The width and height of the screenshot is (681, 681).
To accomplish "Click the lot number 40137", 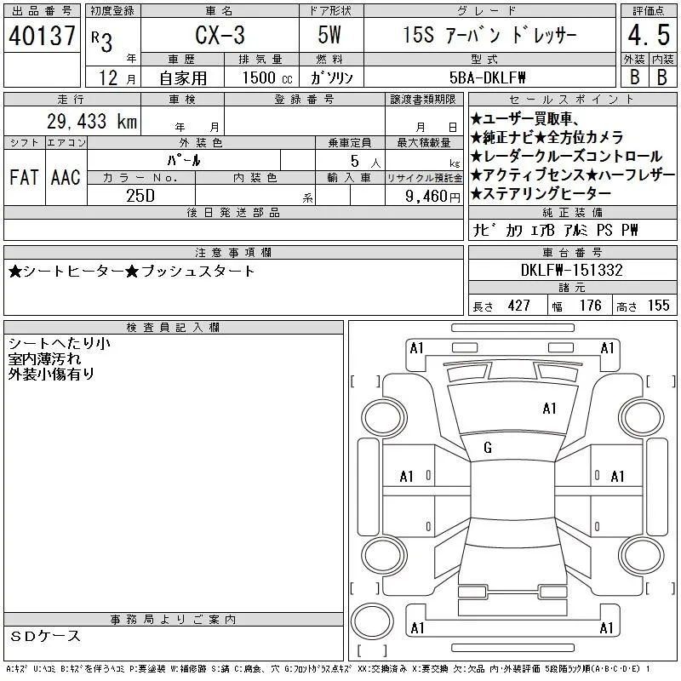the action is coord(42,36).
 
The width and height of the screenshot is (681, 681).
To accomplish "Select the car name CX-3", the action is coord(220,35).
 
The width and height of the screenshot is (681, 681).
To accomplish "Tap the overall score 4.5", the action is coord(649,35).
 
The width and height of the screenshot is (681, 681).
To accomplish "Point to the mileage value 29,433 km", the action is coord(92,121).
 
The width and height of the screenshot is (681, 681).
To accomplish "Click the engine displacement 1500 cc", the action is coord(267,77).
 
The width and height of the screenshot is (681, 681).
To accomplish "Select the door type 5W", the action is coord(329,35).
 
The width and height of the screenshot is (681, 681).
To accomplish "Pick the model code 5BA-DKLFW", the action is coord(487,77).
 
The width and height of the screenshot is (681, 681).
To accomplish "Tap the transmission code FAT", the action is coord(24,177).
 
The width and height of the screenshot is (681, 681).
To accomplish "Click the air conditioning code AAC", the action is coord(66,177).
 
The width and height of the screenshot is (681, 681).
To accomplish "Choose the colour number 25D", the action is coord(140,196).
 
